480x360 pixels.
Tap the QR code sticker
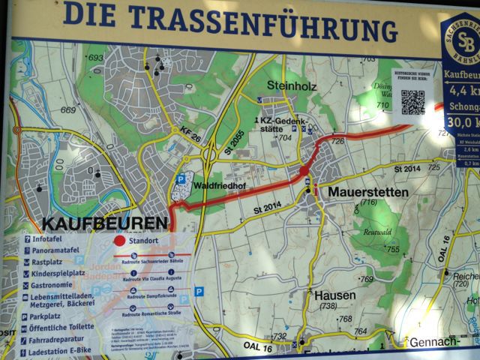pos(412,102)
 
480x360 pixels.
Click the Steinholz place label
pos(292,86)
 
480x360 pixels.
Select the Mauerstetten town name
pos(367,192)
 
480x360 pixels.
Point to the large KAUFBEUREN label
pos(104,223)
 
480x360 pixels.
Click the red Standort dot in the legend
pos(118,241)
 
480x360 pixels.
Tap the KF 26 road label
pos(189,134)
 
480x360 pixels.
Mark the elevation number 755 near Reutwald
pos(392,250)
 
